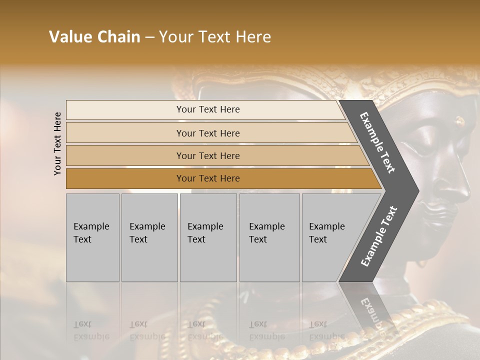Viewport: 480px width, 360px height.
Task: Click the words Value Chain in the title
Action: click(94, 37)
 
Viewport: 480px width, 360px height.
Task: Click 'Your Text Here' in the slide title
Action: click(215, 37)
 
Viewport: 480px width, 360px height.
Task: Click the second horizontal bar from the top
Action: click(207, 133)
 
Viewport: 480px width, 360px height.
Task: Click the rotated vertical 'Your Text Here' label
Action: click(57, 144)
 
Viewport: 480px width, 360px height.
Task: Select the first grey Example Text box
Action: click(92, 237)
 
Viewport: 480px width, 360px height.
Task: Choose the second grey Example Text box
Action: click(149, 237)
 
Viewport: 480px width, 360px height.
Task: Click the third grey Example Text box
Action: click(208, 237)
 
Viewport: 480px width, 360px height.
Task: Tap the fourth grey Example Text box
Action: click(269, 237)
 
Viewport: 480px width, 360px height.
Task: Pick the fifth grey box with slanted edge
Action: click(330, 237)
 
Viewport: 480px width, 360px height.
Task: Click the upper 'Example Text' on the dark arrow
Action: click(377, 142)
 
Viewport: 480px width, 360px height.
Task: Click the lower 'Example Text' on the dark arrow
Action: click(379, 236)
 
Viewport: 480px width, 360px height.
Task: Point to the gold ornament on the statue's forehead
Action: click(459, 120)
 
